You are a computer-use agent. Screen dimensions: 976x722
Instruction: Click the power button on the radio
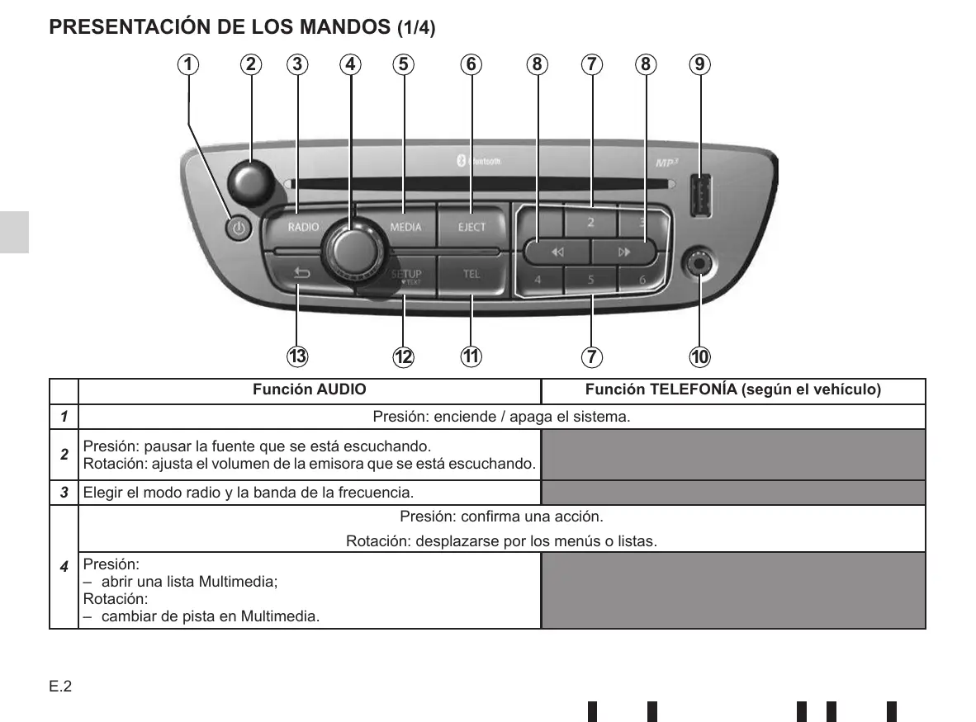pos(239,229)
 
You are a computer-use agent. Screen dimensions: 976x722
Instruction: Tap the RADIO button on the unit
pos(302,227)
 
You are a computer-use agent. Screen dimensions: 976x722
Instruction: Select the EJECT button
pos(471,227)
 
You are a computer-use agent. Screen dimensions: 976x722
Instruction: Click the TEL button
pos(471,274)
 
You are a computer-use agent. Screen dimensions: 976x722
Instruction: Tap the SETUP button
pos(406,275)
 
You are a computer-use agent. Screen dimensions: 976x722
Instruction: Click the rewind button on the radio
pos(557,252)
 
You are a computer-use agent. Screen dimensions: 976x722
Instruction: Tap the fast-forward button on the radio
pos(624,252)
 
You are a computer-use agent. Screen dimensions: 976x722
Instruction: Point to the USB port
pos(699,196)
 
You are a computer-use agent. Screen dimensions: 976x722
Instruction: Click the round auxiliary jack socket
pos(699,263)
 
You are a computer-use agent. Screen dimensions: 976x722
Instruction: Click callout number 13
pos(297,356)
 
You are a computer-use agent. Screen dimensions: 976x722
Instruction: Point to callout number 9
pos(699,64)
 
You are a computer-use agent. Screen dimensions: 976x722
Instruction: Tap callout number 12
pos(403,356)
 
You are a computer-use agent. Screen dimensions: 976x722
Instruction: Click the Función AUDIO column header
pos(310,389)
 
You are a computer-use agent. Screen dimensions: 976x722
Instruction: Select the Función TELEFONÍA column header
pos(733,389)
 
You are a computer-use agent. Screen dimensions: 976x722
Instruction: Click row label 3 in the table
pos(63,493)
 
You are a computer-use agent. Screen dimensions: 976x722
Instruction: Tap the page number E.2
pos(60,687)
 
